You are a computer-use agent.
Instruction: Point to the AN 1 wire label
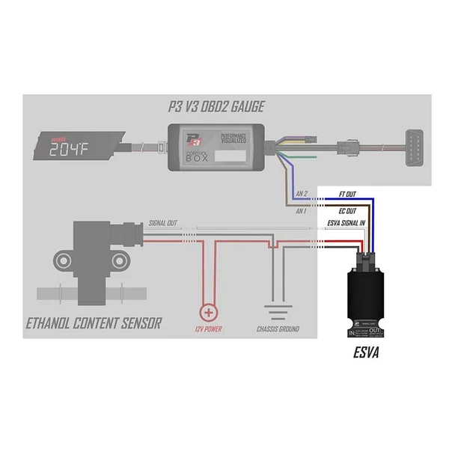[x=302, y=212]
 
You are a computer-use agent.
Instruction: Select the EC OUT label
[x=346, y=211]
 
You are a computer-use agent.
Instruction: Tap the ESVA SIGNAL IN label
[x=347, y=224]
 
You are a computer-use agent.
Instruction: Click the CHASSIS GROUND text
[x=278, y=330]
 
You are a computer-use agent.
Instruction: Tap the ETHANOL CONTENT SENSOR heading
[x=94, y=325]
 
